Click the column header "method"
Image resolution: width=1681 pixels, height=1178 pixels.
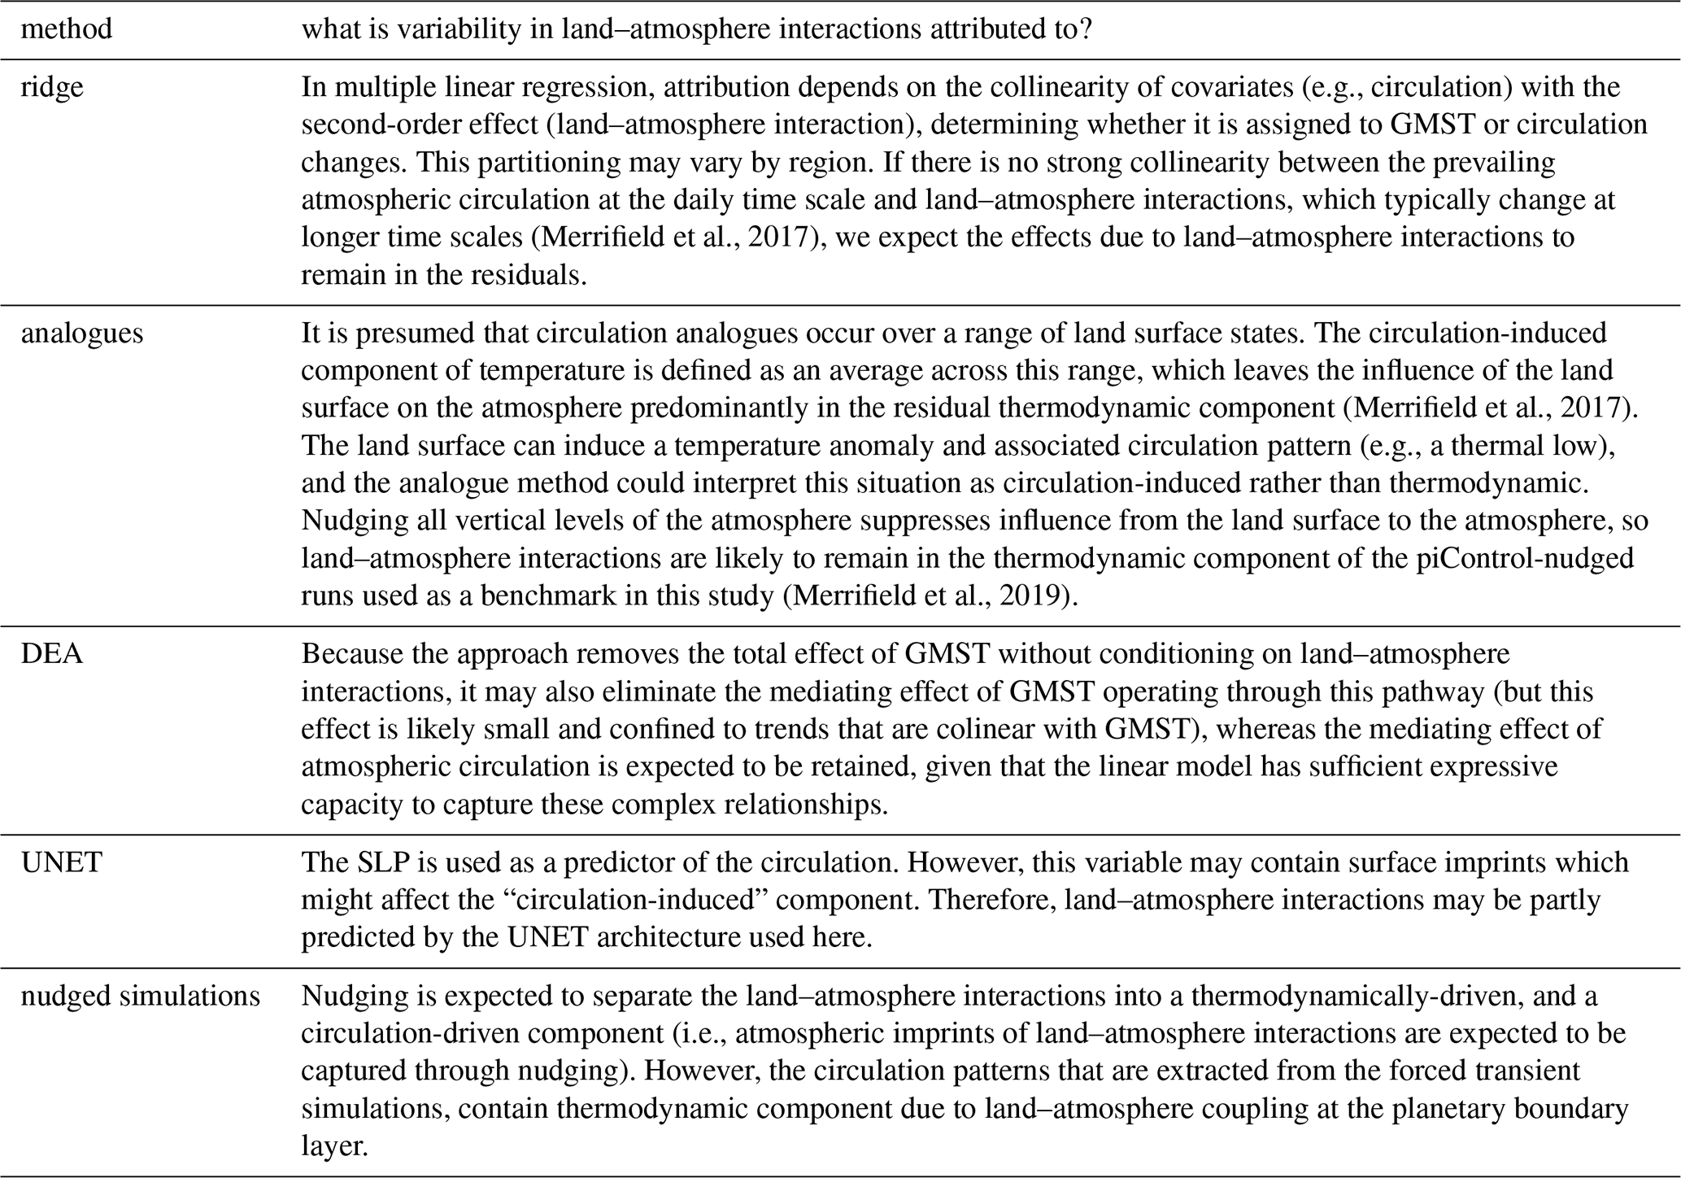click(x=67, y=29)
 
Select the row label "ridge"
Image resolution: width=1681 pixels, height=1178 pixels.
click(x=52, y=87)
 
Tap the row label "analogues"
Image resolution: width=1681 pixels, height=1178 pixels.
click(x=81, y=334)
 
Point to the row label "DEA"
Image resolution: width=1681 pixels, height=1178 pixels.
click(x=51, y=654)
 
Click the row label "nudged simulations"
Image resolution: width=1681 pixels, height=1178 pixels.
click(x=140, y=996)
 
